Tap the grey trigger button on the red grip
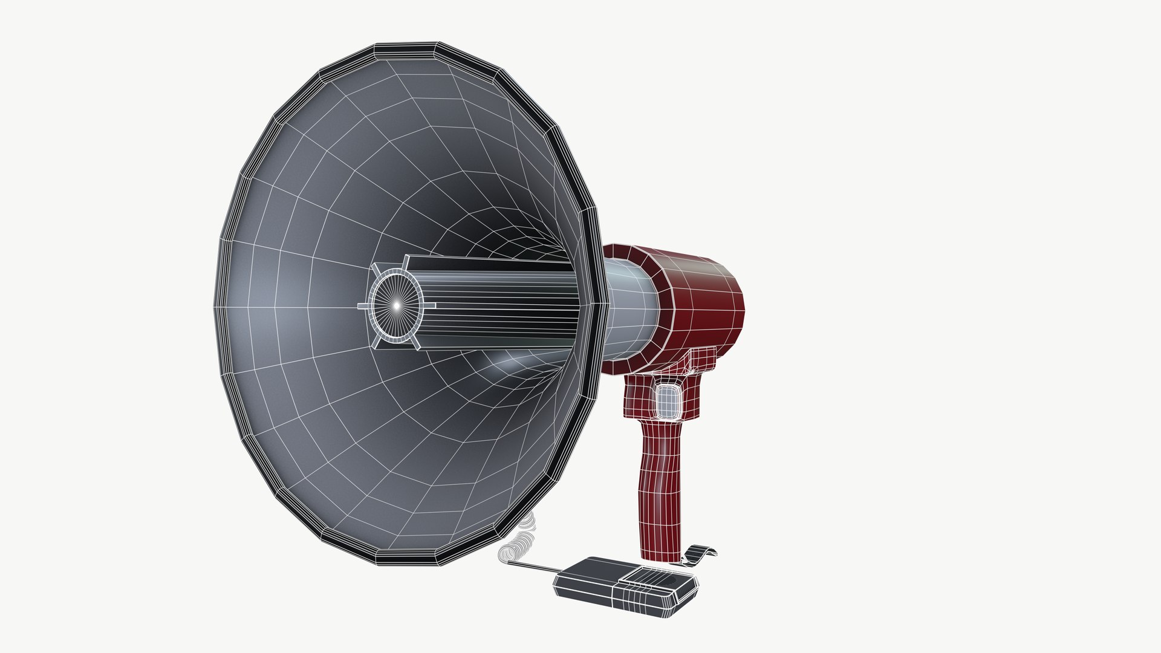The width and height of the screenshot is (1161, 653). coord(668,400)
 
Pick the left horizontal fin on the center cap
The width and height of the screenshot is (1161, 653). coord(363,307)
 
